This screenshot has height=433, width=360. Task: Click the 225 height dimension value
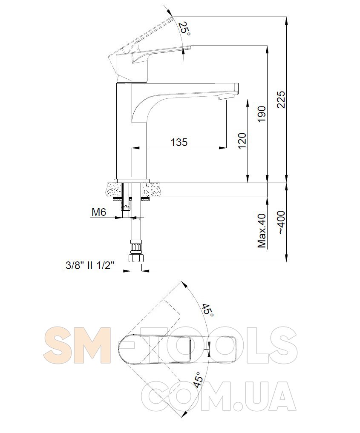pos(280,99)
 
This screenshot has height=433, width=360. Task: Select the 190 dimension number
pos(261,114)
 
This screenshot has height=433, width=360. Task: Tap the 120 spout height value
pos(242,141)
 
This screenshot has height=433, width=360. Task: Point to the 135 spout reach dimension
pos(179,142)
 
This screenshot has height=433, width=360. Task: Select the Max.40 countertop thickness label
pos(261,231)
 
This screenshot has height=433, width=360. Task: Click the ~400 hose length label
pos(281,223)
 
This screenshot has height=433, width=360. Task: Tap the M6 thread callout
pos(99,212)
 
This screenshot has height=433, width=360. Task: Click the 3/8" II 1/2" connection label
pos(90,266)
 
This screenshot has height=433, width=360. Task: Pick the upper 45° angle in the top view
pos(207,310)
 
